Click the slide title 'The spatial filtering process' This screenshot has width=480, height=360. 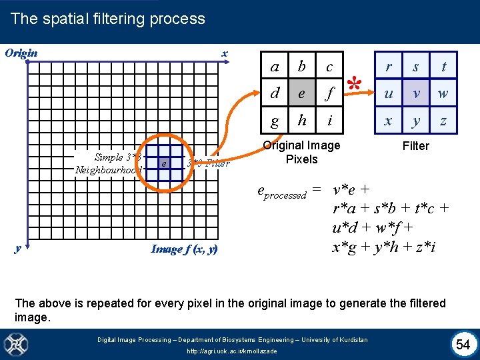[x=108, y=19]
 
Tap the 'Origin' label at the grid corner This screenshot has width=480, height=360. [x=21, y=53]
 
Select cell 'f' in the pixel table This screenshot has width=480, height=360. [x=329, y=93]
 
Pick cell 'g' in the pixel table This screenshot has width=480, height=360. [x=275, y=121]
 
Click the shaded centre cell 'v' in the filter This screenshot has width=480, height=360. [x=416, y=94]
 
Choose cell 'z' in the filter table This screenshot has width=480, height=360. [x=443, y=121]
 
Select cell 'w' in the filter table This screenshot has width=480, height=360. [x=443, y=94]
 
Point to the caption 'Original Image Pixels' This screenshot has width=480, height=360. [x=302, y=153]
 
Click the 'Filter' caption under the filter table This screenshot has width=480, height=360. [x=416, y=146]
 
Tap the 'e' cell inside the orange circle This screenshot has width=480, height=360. [x=163, y=163]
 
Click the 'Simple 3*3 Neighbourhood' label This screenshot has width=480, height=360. [x=109, y=163]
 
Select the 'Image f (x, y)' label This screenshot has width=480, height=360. [x=184, y=249]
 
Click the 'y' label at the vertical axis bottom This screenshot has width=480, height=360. [x=17, y=249]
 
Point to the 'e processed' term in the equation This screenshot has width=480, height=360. [x=281, y=192]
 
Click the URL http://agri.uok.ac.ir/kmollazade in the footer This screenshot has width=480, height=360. [x=232, y=351]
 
